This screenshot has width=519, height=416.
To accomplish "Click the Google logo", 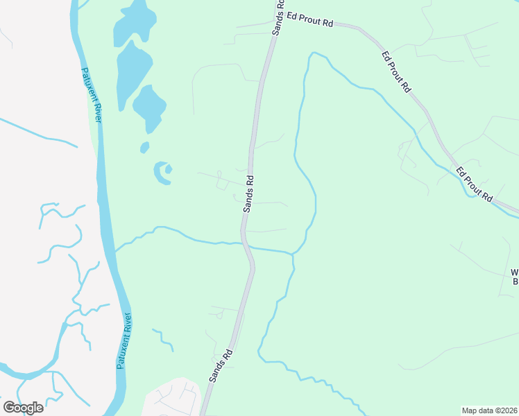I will [23, 408].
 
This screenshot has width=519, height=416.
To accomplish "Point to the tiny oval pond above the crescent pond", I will [144, 147].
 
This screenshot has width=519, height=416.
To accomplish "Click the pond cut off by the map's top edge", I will [135, 21].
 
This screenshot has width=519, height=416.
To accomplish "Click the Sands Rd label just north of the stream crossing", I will [248, 193].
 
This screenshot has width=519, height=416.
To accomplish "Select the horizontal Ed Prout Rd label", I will [310, 22].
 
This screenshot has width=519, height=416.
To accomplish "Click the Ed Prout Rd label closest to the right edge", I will [474, 184].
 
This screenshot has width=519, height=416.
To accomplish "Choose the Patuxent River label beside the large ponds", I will [92, 94].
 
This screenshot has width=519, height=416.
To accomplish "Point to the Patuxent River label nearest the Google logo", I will [125, 340].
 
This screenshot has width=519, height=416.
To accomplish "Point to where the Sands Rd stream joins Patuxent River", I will [115, 251].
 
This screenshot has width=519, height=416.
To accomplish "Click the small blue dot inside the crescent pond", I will [169, 168].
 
